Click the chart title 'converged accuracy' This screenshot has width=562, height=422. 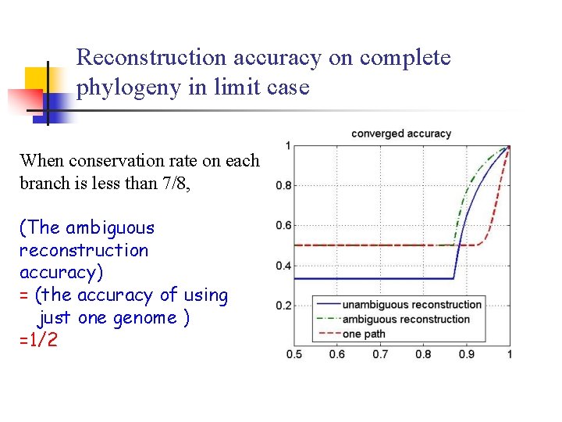[x=401, y=134]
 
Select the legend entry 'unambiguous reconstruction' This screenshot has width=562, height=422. [x=412, y=305]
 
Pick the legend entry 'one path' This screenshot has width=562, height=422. [x=364, y=334]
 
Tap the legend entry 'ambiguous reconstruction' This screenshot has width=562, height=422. [x=406, y=319]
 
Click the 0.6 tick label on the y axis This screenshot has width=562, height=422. [x=284, y=226]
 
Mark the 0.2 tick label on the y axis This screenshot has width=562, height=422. [x=284, y=306]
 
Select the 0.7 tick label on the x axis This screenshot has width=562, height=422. [x=380, y=355]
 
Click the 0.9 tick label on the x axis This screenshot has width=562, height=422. [x=467, y=355]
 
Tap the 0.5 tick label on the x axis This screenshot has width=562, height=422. [x=294, y=355]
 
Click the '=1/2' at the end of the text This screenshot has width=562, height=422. [x=38, y=340]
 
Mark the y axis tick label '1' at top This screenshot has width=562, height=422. [x=288, y=146]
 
